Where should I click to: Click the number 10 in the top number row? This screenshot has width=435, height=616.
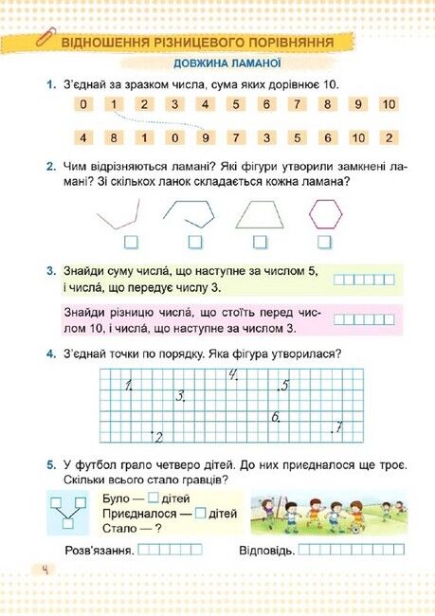(389, 104)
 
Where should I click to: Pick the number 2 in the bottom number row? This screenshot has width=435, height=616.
(389, 137)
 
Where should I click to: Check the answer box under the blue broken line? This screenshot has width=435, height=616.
(196, 242)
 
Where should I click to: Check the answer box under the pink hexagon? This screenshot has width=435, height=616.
(324, 242)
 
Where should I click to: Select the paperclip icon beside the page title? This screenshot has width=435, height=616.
(43, 40)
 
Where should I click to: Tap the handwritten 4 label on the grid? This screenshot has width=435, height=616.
(232, 375)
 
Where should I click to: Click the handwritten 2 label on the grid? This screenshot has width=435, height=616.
(157, 436)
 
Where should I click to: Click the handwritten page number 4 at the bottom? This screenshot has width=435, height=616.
(44, 569)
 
